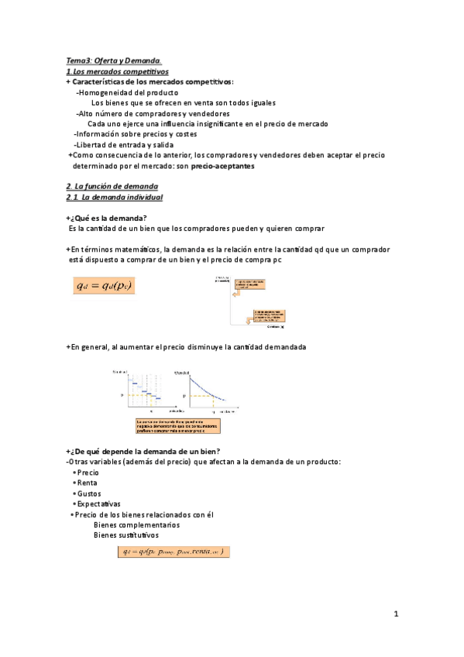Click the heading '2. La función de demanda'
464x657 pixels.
tap(112, 187)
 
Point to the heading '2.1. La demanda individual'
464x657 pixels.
tap(114, 198)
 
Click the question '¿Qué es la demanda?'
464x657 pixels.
tap(109, 218)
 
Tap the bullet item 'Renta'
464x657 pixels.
tap(87, 482)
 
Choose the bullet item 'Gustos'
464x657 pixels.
tap(88, 493)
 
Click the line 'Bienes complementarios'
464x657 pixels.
tap(136, 525)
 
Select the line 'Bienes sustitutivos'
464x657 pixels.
tap(130, 535)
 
